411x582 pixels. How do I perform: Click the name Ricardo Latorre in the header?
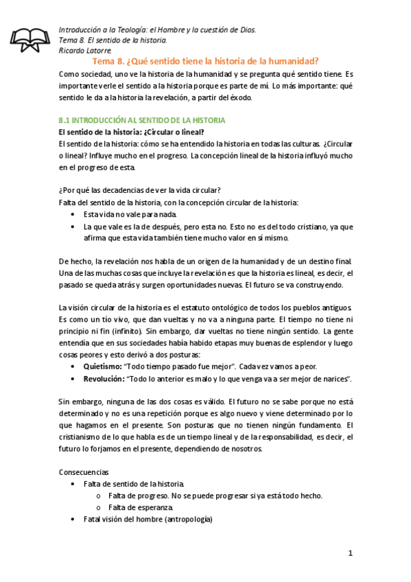[84, 51]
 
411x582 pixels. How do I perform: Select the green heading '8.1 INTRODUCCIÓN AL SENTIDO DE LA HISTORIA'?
[143, 119]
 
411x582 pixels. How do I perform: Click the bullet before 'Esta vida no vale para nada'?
[74, 214]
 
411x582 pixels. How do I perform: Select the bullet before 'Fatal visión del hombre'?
[74, 520]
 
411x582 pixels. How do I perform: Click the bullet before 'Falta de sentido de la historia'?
[74, 484]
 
